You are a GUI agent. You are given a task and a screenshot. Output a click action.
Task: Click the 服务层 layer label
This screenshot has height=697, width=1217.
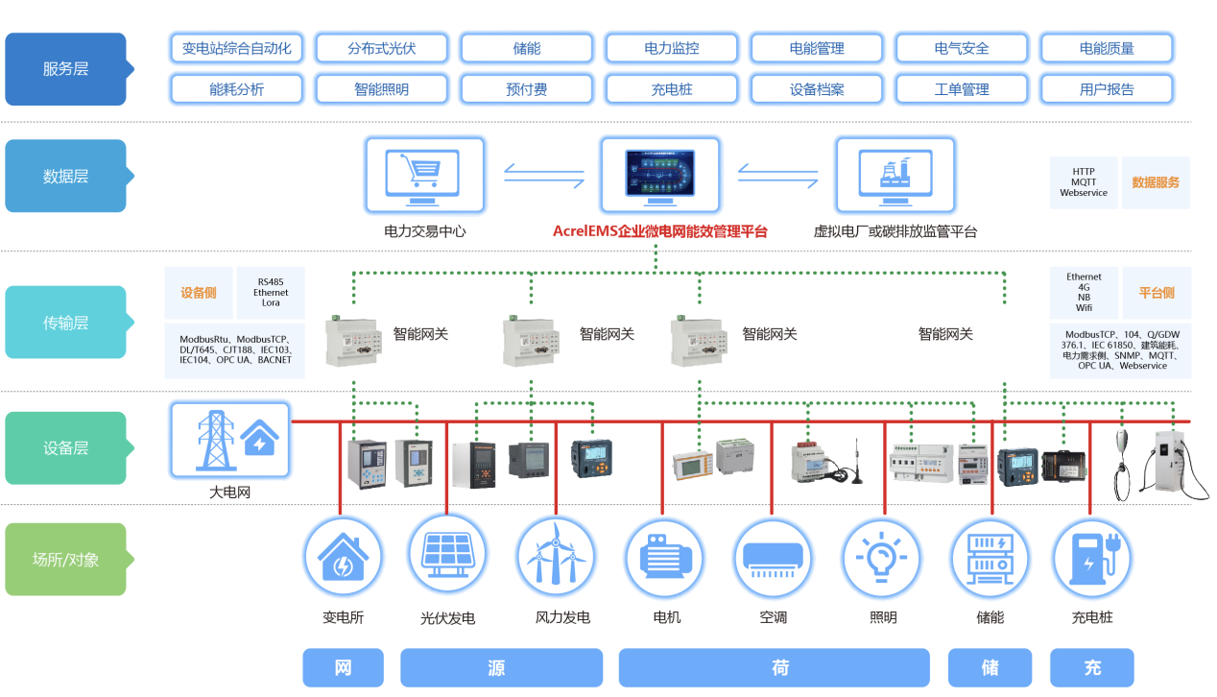point(65,69)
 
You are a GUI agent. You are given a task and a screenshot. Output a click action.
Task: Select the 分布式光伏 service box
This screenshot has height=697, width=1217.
point(382,48)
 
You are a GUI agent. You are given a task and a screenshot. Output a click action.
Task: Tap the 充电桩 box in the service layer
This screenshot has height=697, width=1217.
point(672,89)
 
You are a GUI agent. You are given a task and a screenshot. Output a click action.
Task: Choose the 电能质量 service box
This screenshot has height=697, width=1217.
point(1106,48)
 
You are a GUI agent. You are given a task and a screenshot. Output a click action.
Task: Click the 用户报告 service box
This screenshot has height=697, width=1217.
point(1106,89)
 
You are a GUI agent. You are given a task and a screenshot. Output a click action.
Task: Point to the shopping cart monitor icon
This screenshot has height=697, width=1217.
point(424,175)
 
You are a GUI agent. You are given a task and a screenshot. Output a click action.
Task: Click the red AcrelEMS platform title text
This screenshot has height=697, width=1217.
point(659,231)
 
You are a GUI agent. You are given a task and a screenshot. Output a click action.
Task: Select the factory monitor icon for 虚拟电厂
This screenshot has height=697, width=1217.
point(895,175)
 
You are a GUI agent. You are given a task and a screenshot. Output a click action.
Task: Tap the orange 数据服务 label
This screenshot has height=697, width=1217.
point(1156,182)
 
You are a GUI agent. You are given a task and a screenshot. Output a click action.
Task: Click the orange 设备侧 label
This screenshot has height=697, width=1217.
point(199,293)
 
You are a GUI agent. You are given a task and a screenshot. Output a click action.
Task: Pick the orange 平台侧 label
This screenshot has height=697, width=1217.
point(1157,293)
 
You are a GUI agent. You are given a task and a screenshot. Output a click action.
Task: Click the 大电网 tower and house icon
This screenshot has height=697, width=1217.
point(229,440)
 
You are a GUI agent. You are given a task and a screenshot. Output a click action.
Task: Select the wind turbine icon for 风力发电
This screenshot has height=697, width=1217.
point(556,558)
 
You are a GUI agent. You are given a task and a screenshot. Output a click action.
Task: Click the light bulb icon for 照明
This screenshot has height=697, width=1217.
point(881,558)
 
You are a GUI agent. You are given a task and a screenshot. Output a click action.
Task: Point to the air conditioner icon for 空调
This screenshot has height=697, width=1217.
point(773,558)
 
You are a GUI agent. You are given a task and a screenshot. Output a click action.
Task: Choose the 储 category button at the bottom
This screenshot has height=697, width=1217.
point(990,668)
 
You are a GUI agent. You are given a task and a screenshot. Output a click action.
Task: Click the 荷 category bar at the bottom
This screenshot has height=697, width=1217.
point(774,668)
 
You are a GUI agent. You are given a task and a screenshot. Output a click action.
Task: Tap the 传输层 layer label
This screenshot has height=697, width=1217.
point(65,323)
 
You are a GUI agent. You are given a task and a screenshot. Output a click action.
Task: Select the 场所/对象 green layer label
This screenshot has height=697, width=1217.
point(65,560)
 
